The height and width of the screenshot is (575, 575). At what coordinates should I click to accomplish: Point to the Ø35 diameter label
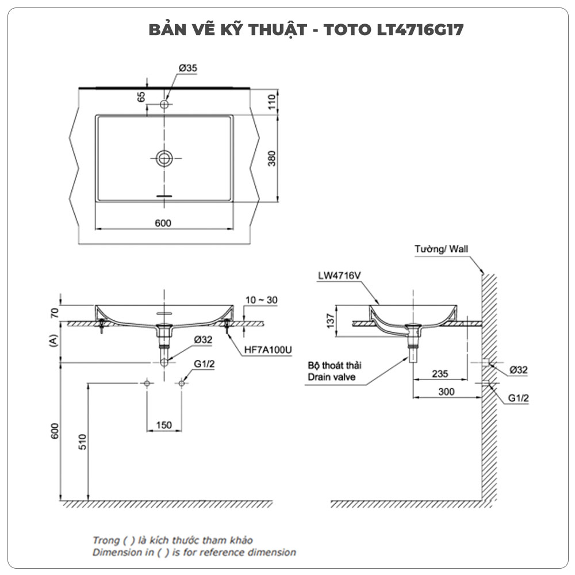tap(188, 68)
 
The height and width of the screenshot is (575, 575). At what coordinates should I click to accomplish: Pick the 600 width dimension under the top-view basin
tap(163, 223)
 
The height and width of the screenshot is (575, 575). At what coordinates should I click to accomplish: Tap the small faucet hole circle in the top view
tap(165, 105)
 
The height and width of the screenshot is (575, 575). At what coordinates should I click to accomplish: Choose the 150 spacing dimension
tap(164, 425)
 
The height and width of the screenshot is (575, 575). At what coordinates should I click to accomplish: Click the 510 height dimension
tap(82, 443)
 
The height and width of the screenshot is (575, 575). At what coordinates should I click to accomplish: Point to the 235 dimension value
tap(440, 373)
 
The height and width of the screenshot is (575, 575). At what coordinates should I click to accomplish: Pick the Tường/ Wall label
tap(442, 250)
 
